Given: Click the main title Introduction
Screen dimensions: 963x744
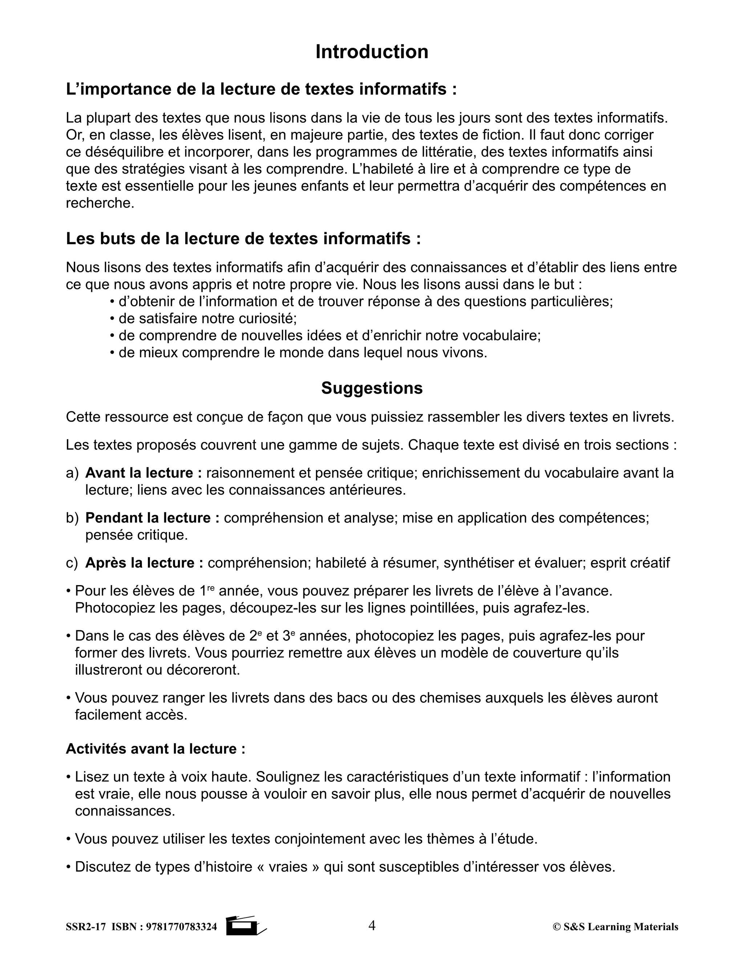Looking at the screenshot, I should click(x=372, y=52).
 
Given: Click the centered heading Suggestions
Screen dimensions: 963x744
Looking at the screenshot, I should click(x=372, y=388).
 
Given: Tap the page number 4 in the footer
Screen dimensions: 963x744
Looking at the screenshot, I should click(x=372, y=926).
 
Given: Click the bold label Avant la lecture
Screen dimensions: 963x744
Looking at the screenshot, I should click(x=143, y=473).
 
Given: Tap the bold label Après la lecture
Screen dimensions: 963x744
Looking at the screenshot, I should click(x=144, y=563).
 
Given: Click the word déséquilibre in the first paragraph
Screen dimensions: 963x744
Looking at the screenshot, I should click(x=124, y=152).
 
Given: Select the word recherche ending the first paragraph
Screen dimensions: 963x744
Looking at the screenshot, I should click(x=100, y=203).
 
